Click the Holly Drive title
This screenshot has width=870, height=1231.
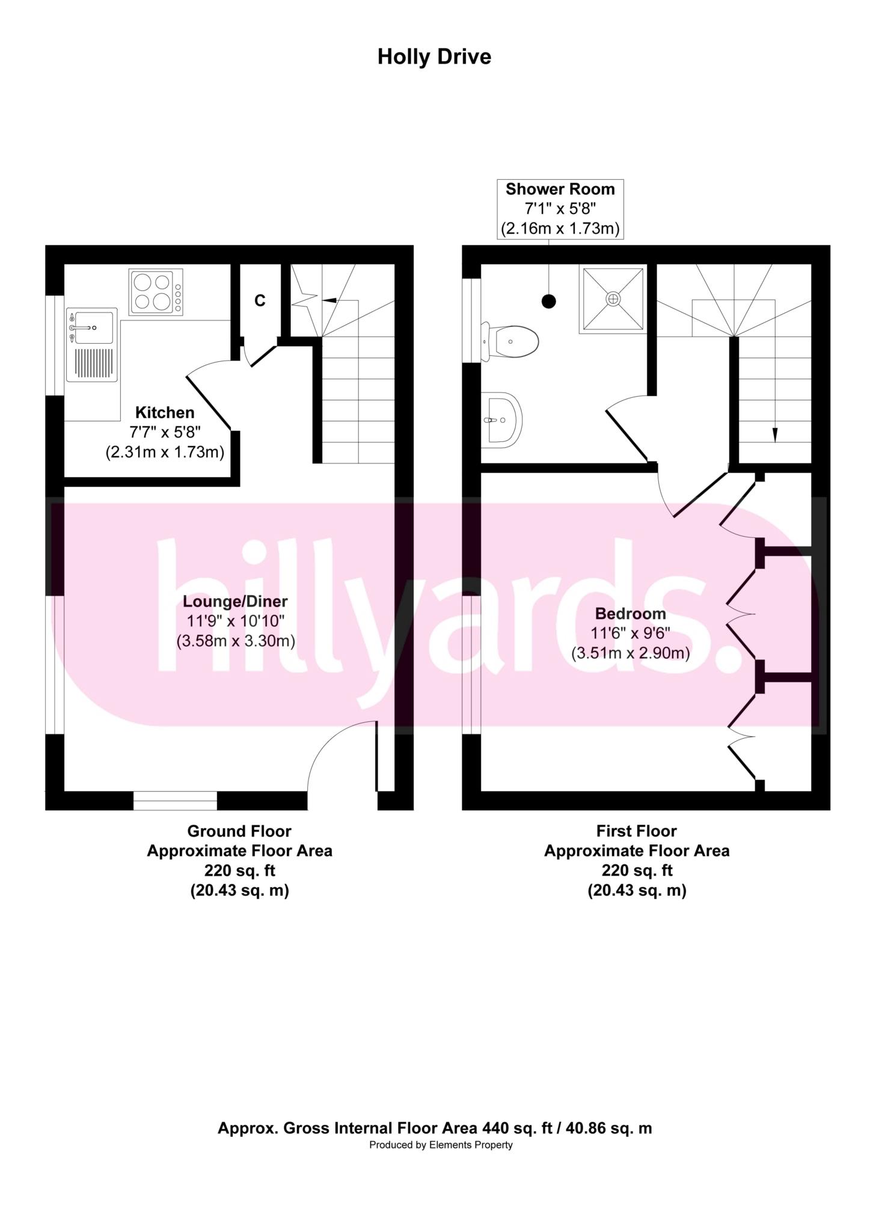[434, 57]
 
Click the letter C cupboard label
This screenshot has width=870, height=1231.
[260, 301]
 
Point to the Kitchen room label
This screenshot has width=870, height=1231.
[165, 413]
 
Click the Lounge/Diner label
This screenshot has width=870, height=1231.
[235, 601]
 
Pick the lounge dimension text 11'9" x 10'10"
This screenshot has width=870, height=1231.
[235, 621]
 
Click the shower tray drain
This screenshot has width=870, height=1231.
[613, 299]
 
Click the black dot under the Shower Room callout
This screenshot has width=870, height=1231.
[548, 302]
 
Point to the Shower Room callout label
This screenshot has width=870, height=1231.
[560, 189]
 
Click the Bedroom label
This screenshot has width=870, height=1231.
[630, 614]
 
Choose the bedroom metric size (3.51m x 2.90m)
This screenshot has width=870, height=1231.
[630, 653]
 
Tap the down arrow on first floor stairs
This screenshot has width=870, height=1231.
[774, 434]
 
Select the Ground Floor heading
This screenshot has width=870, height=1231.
[239, 831]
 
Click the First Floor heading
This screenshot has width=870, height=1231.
[636, 831]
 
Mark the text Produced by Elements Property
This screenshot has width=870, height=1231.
[441, 1145]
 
